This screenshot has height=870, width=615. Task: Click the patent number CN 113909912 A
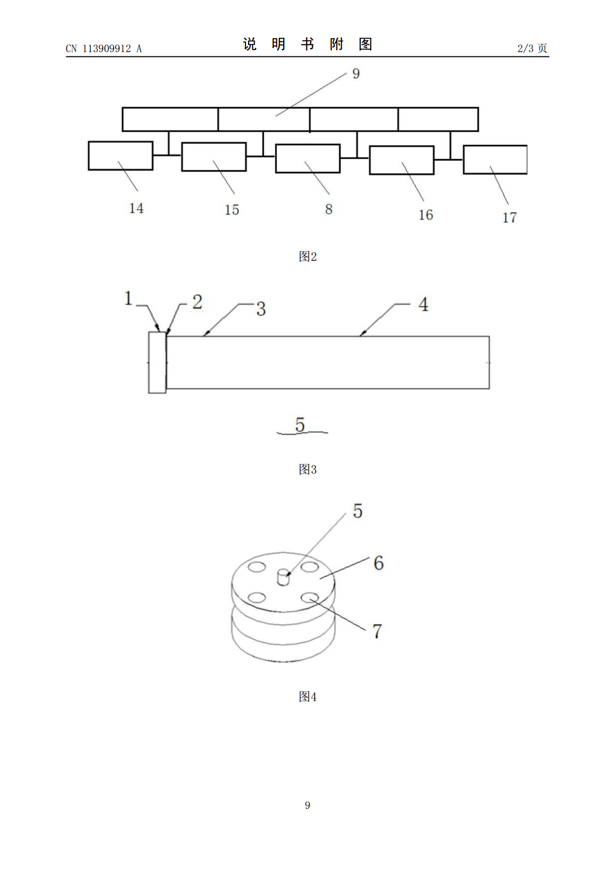pyautogui.click(x=104, y=49)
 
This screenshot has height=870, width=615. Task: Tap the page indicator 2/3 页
pyautogui.click(x=532, y=48)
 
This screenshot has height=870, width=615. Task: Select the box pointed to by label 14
pyautogui.click(x=120, y=156)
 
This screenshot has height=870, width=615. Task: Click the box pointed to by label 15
pyautogui.click(x=214, y=157)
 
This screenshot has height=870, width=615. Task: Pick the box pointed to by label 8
pyautogui.click(x=308, y=159)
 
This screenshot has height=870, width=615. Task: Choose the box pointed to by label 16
pyautogui.click(x=402, y=160)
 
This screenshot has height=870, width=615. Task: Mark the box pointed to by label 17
pyautogui.click(x=495, y=160)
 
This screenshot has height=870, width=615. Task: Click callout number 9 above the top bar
pyautogui.click(x=356, y=73)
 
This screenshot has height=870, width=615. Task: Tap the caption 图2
pyautogui.click(x=308, y=256)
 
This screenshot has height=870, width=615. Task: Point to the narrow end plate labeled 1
pyautogui.click(x=157, y=362)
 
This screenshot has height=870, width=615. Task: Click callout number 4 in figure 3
pyautogui.click(x=423, y=304)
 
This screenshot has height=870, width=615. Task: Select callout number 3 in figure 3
pyautogui.click(x=261, y=309)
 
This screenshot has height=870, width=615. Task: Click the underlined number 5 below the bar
pyautogui.click(x=300, y=425)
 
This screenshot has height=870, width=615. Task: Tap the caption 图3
pyautogui.click(x=308, y=469)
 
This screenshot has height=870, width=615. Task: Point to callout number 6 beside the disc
pyautogui.click(x=379, y=563)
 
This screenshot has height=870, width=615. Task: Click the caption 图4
pyautogui.click(x=308, y=697)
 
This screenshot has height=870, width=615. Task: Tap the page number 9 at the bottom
pyautogui.click(x=308, y=805)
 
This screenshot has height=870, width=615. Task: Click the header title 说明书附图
pyautogui.click(x=308, y=44)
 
